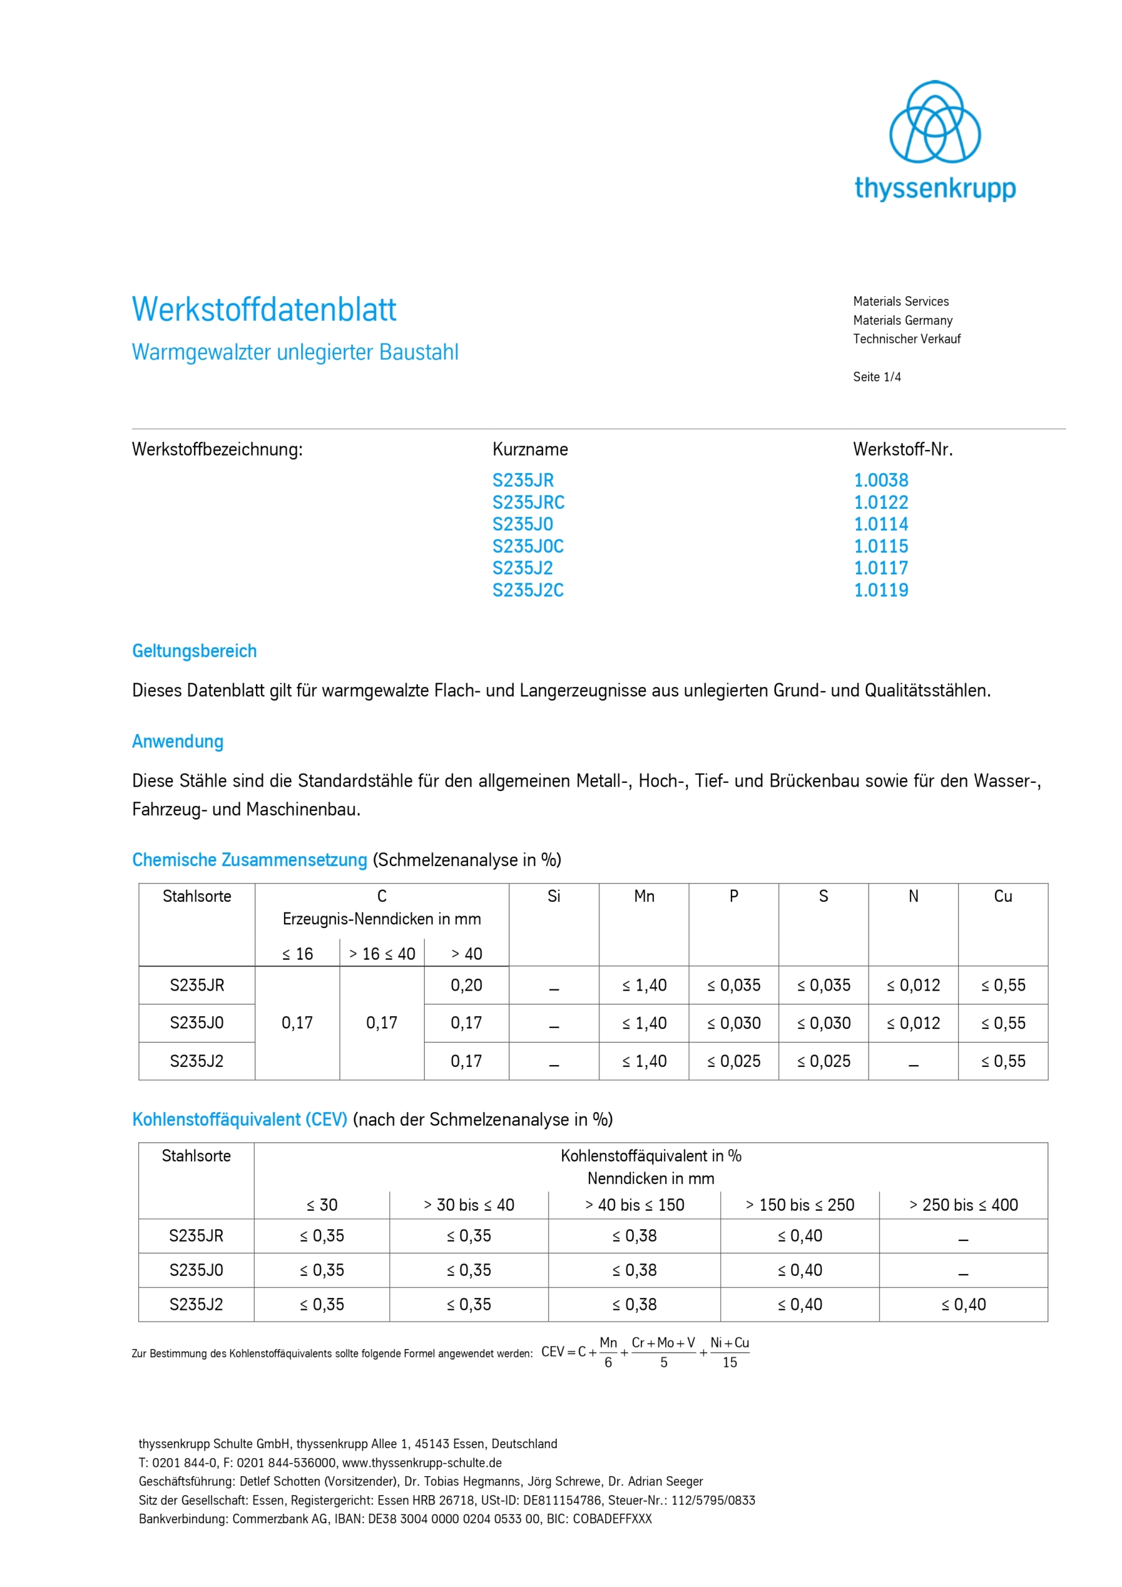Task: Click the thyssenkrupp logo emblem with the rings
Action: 934,122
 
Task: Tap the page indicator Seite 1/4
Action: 877,377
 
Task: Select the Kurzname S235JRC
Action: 528,503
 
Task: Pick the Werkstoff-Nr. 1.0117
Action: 881,568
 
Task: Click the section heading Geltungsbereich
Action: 194,651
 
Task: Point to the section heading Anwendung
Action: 178,741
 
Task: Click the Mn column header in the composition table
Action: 643,896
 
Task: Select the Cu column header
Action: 1002,896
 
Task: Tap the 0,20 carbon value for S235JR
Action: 466,985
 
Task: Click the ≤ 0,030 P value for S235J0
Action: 733,1023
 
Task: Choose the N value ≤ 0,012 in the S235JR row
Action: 913,985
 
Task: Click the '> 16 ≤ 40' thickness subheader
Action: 382,954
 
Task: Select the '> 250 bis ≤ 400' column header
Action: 963,1205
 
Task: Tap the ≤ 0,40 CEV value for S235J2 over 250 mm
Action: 963,1304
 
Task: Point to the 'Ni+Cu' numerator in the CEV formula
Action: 730,1342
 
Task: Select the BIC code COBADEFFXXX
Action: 612,1519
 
